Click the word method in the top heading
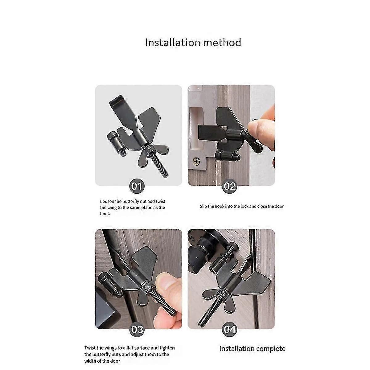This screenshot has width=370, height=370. coord(222,43)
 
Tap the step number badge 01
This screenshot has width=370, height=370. coord(137,186)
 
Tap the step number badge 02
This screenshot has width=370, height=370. coord(229,186)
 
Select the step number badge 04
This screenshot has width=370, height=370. coord(229,329)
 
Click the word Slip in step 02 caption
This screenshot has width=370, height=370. coord(203,206)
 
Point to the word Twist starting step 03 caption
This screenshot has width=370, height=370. coord(90,348)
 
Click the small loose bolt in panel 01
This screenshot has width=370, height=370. coord(117,143)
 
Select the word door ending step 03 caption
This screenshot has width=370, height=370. coord(115,361)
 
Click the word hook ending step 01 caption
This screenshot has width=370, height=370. coord(105,213)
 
